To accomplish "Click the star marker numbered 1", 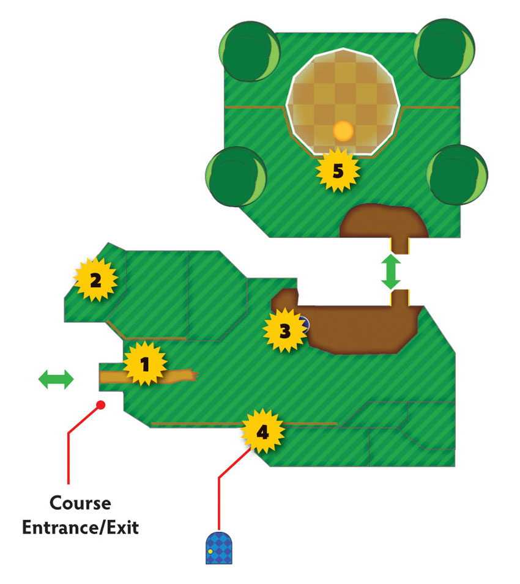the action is point(145,363).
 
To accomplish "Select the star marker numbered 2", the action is point(95,279).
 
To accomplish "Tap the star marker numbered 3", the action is point(285,330).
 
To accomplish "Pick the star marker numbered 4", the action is point(262,431).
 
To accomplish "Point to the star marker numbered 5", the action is point(338,171).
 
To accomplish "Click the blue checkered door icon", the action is point(219,548).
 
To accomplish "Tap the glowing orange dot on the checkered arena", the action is point(343,131).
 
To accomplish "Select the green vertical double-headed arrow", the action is point(391,272).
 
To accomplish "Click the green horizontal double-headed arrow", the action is point(56,379).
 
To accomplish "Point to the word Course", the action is point(80,503).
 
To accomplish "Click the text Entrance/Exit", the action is point(81,527).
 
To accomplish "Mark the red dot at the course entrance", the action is point(100,405).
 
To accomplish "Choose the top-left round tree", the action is point(249,51).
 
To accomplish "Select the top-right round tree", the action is point(444,49).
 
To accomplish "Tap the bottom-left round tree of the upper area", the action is point(236,176).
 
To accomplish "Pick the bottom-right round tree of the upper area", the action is point(457,175).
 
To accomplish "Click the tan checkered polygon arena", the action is point(343,102).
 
